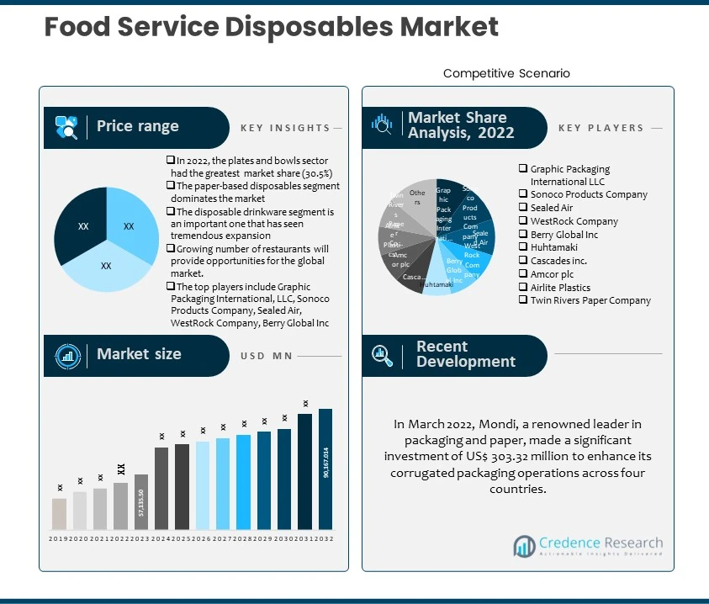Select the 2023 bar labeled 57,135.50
pos(141,502)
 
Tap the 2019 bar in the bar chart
pos(59,514)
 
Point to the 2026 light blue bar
pos(203,485)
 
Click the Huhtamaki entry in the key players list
pos(553,248)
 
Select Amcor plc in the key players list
pos(551,274)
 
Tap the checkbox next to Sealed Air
pos(523,208)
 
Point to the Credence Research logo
pos(588,546)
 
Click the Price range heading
pos(137,127)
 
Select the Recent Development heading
pos(465,354)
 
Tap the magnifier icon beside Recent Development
pos(382,355)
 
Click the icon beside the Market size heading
pos(68,355)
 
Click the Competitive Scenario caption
pos(506,74)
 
